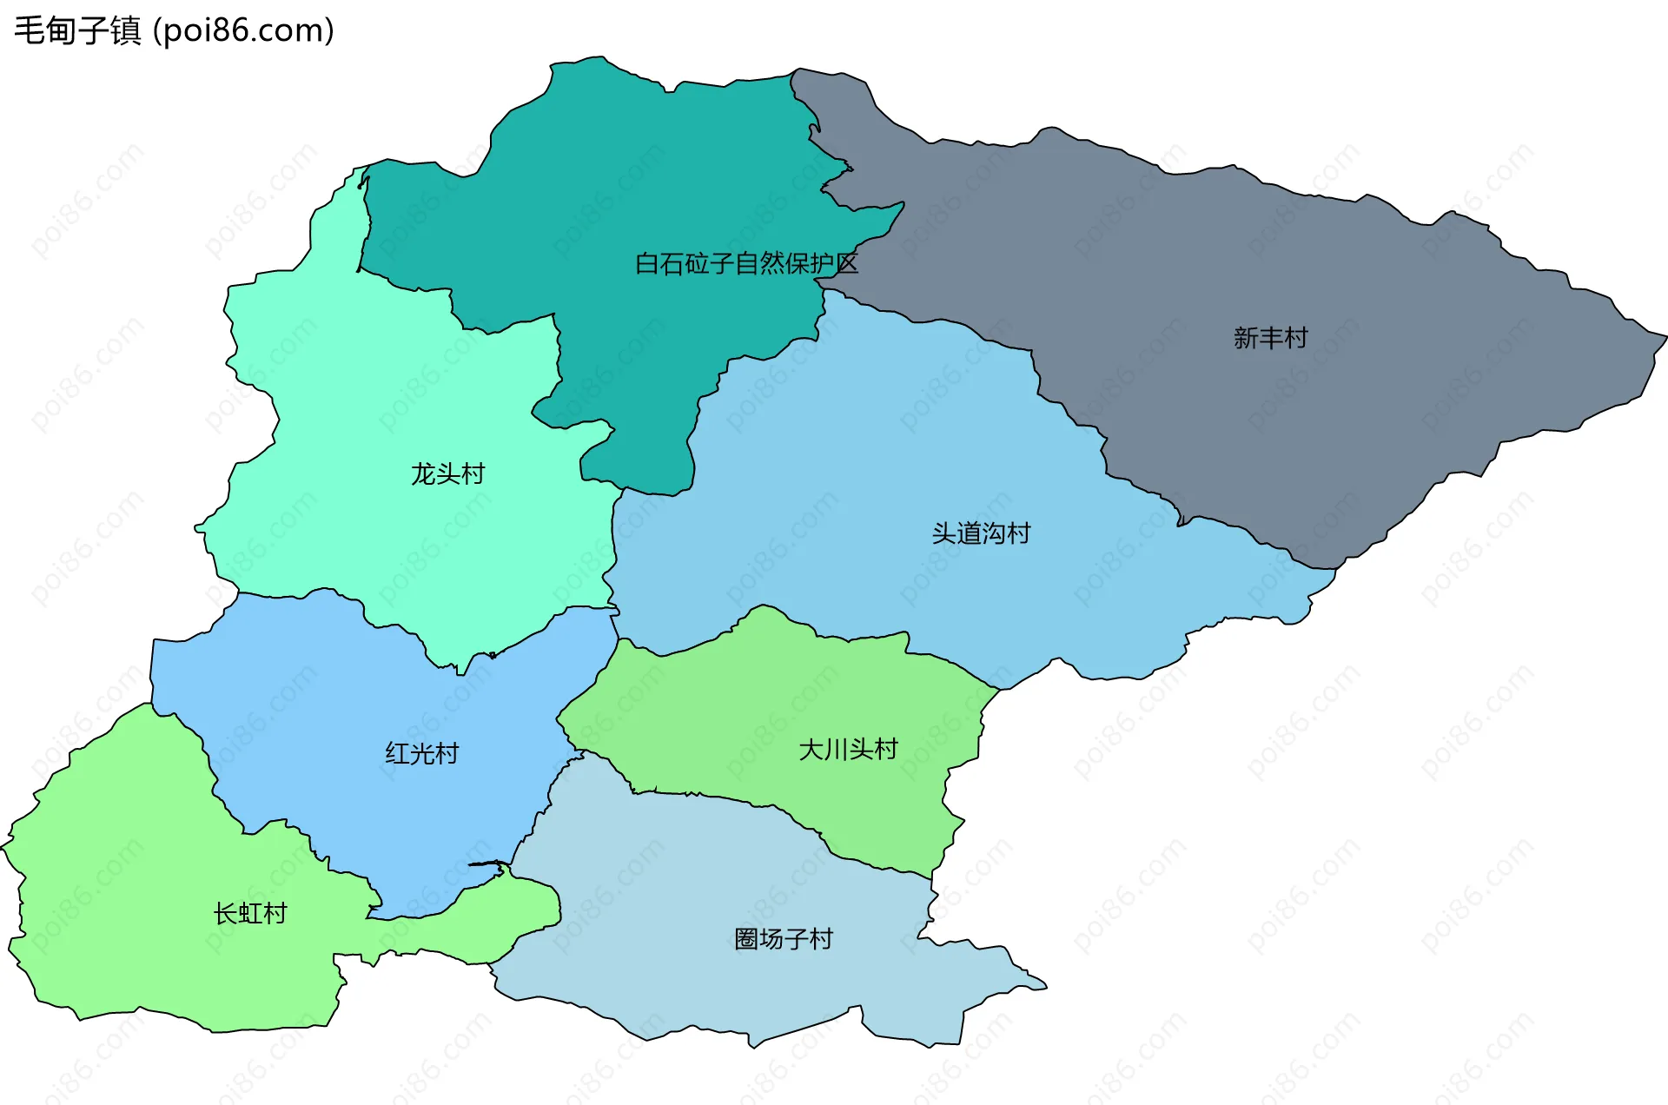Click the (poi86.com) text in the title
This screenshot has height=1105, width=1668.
[x=243, y=30]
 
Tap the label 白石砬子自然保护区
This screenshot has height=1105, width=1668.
[x=746, y=263]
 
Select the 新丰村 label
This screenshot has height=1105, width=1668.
[x=1270, y=338]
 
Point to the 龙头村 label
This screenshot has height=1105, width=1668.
[x=447, y=474]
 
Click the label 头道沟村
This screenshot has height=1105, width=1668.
[x=981, y=533]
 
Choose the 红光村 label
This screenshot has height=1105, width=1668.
[x=421, y=753]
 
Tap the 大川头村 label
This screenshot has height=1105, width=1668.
[x=848, y=749]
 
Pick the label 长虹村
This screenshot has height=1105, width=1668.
[x=250, y=913]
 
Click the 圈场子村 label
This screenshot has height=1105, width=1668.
[x=783, y=939]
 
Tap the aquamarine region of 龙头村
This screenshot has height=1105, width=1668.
[x=347, y=391]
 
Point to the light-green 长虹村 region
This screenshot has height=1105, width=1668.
[x=130, y=869]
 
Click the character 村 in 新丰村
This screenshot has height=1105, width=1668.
[x=1295, y=338]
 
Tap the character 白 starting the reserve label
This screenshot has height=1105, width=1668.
[x=647, y=263]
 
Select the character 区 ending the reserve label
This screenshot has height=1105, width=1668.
[x=846, y=263]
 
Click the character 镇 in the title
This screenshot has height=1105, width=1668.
[x=126, y=30]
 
